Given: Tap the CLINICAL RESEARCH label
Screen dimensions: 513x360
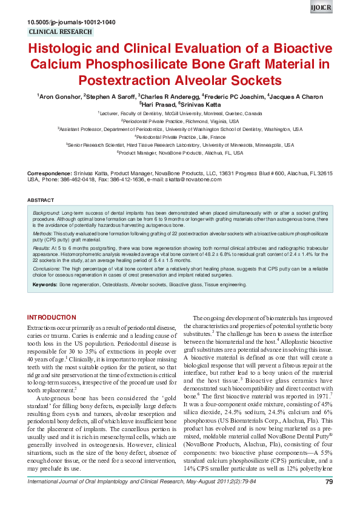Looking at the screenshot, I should [61, 32].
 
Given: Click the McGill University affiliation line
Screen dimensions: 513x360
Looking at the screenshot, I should [180, 113].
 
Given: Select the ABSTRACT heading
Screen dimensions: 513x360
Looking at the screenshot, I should [41, 199].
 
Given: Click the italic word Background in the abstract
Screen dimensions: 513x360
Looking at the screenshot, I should [46, 214].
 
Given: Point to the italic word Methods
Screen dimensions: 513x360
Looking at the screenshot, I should [42, 233].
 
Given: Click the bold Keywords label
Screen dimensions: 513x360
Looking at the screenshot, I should [45, 284].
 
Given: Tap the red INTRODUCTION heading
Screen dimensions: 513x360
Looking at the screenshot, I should [52, 317].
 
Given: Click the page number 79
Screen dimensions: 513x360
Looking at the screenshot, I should [329, 498].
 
